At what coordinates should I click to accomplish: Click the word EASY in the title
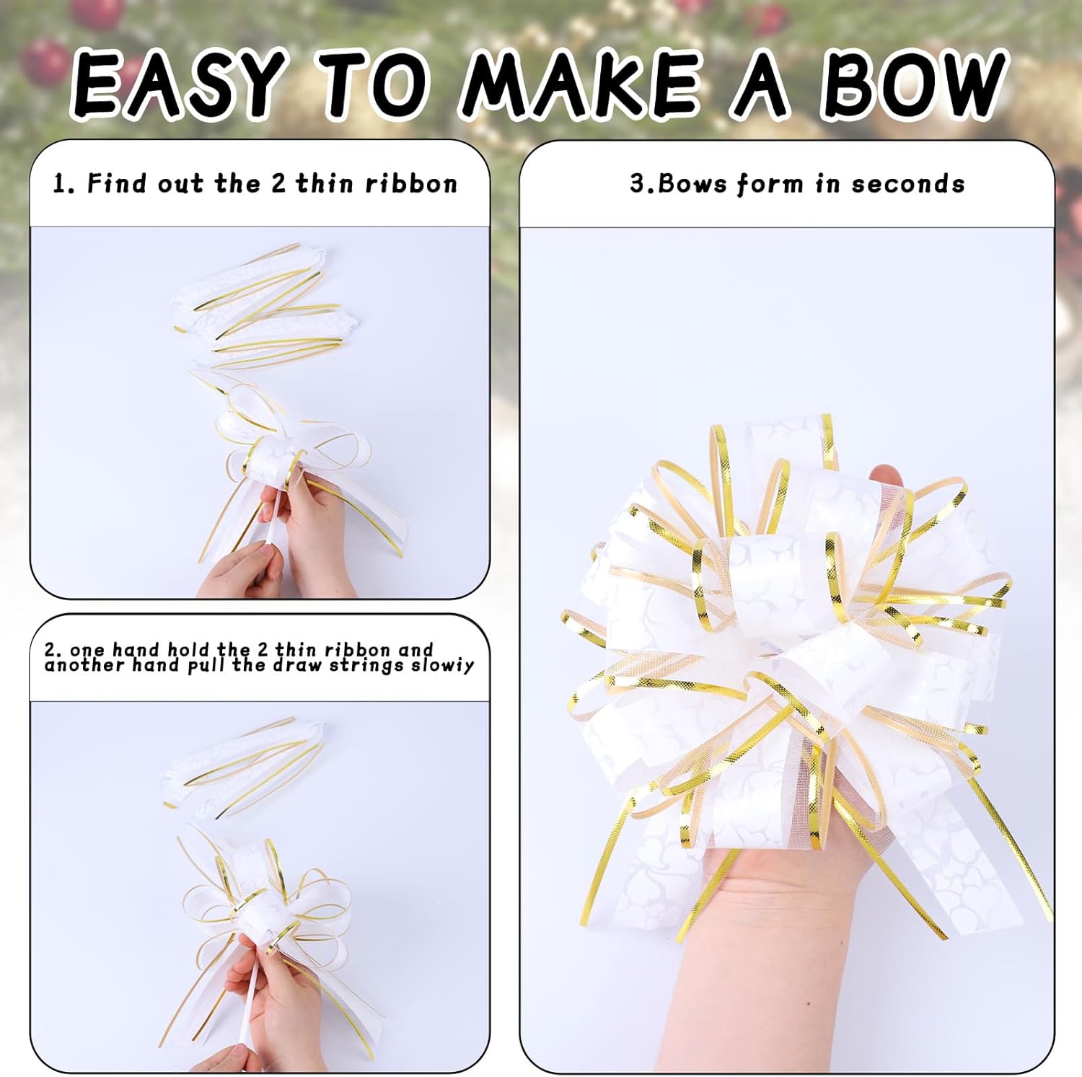[x=177, y=84]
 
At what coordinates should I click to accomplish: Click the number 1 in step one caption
[x=62, y=184]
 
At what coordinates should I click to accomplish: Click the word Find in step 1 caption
[x=117, y=184]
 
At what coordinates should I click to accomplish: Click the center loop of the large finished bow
[x=765, y=563]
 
